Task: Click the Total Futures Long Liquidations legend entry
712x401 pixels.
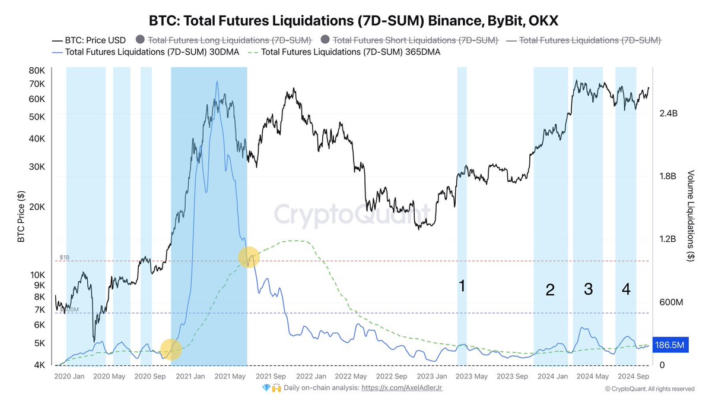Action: click(229, 40)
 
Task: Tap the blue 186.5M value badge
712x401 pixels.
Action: click(670, 345)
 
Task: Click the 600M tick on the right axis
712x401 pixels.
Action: click(671, 302)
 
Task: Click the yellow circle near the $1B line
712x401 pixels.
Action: click(249, 257)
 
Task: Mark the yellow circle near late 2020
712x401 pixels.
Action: click(171, 349)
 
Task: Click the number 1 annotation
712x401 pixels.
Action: click(462, 286)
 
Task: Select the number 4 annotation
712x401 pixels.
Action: click(626, 289)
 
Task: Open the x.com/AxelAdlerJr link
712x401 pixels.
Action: click(402, 388)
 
